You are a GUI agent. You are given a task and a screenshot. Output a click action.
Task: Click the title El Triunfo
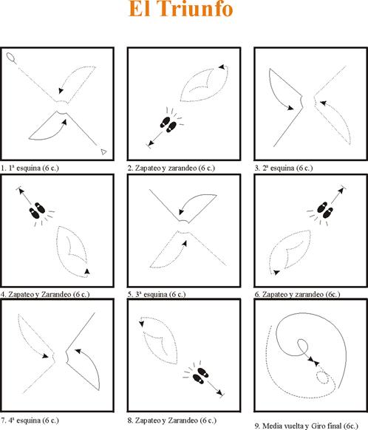click(x=181, y=8)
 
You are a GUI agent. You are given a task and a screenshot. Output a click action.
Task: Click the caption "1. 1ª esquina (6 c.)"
click(x=30, y=168)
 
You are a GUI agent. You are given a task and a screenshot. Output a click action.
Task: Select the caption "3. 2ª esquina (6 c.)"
click(x=284, y=168)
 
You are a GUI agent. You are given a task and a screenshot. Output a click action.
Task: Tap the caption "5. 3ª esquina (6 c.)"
click(x=157, y=294)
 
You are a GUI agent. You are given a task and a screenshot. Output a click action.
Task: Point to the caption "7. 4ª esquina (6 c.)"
click(x=30, y=420)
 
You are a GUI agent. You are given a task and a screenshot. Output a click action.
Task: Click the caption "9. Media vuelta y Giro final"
click(x=307, y=426)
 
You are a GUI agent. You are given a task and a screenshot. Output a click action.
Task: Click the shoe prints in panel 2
click(x=168, y=124)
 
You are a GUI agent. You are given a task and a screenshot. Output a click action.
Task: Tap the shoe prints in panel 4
click(x=37, y=211)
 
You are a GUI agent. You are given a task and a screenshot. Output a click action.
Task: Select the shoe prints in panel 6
click(x=325, y=211)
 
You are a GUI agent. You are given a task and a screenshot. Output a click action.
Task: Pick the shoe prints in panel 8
click(x=200, y=376)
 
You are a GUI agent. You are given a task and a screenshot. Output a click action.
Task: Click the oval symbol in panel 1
click(x=10, y=57)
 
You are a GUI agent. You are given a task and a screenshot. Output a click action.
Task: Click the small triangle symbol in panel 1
click(x=103, y=151)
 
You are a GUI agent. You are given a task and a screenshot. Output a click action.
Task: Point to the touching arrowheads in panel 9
click(x=313, y=361)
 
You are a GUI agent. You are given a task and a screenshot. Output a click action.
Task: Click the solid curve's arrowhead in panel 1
click(x=64, y=122)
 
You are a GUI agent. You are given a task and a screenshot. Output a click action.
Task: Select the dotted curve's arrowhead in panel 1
click(x=61, y=91)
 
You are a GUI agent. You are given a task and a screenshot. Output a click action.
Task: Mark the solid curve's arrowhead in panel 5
click(x=181, y=212)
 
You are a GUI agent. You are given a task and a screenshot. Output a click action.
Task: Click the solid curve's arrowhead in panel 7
click(x=78, y=351)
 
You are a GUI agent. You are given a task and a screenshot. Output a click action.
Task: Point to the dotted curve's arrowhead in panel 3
click(x=324, y=103)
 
